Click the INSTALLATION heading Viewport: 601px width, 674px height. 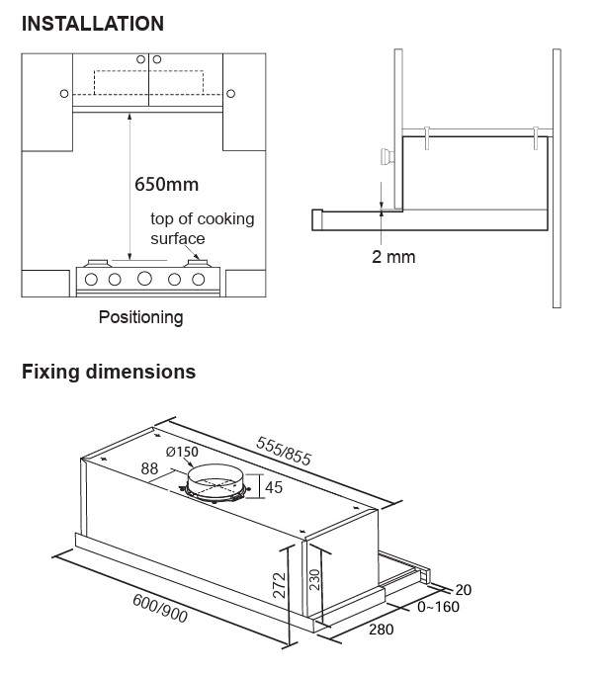pos(93,24)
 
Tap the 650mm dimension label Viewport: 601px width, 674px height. pos(167,185)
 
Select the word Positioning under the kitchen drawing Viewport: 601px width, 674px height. pos(141,317)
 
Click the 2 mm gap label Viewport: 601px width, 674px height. pos(393,257)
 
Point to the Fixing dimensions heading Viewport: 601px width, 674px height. pos(109,372)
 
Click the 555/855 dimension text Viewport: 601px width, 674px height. pos(284,451)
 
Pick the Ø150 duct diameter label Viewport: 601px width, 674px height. pos(182,452)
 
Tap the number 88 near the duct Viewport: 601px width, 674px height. pos(149,468)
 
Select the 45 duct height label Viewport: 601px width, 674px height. pos(274,487)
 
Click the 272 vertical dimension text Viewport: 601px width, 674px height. pos(280,585)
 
